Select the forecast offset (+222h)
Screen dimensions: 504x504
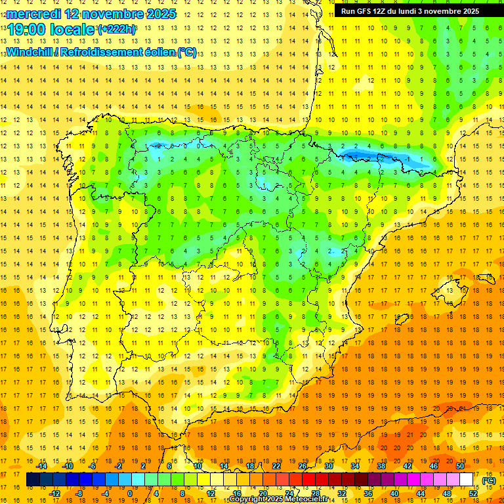[117, 30]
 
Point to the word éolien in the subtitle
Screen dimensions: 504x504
[156, 52]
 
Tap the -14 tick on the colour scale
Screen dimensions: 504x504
[43, 466]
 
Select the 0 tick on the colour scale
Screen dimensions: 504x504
[130, 493]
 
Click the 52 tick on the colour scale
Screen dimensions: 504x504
[473, 493]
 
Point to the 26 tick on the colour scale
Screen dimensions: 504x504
[303, 466]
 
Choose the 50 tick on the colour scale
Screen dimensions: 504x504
[460, 466]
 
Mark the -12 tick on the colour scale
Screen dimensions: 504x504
[55, 493]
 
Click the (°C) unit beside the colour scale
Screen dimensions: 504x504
[489, 480]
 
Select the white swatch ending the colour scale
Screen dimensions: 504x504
[467, 480]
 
